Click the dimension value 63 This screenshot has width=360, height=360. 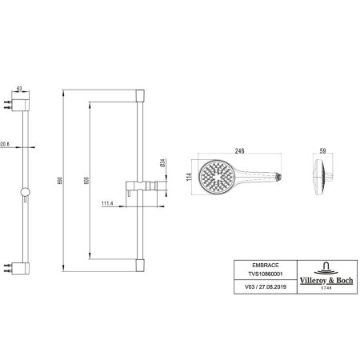pyautogui.click(x=19, y=88)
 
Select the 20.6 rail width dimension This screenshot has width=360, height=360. pyautogui.click(x=5, y=144)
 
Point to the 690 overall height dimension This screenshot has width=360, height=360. pyautogui.click(x=61, y=181)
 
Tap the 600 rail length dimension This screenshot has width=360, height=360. pyautogui.click(x=86, y=181)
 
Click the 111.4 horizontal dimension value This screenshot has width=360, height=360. pyautogui.click(x=107, y=203)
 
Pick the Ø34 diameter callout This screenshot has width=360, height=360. pyautogui.click(x=163, y=163)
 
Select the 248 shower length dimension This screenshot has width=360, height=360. pyautogui.click(x=239, y=151)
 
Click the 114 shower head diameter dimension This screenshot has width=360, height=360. pyautogui.click(x=189, y=177)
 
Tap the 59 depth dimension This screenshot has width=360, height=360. pyautogui.click(x=322, y=151)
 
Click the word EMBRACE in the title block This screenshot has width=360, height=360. pyautogui.click(x=266, y=266)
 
